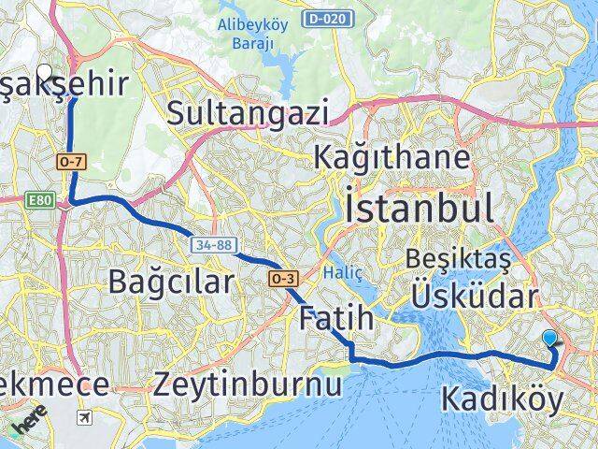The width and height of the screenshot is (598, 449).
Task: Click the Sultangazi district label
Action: point(248,113)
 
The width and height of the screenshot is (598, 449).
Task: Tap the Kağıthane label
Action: point(392,156)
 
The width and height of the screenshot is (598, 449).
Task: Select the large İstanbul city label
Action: point(419,206)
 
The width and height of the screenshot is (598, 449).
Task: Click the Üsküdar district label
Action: point(475,297)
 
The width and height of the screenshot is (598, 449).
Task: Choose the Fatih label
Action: point(336,318)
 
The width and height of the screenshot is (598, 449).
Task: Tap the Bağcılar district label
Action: point(170,280)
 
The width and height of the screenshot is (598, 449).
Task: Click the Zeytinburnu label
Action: point(248,383)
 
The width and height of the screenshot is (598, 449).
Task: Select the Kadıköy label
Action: point(502,400)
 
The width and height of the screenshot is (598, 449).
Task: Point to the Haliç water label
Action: point(342,272)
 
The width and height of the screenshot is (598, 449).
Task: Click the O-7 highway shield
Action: point(71,162)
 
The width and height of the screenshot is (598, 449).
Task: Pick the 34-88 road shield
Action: point(212,245)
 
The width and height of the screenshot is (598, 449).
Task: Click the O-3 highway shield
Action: point(284,279)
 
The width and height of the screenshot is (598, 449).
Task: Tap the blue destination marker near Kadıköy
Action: point(549,340)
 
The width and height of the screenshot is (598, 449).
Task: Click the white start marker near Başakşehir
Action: point(44,71)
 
